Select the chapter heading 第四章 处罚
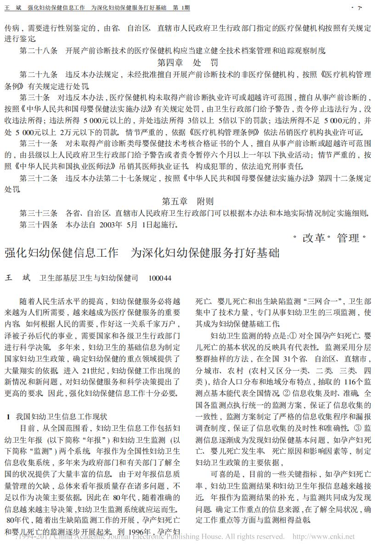click(188, 62)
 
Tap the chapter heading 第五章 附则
click(188, 201)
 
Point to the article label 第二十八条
click(39, 50)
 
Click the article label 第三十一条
click(39, 143)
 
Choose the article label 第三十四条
click(39, 225)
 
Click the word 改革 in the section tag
click(314, 238)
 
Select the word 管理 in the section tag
click(348, 238)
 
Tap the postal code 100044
click(160, 278)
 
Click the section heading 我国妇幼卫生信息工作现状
click(61, 417)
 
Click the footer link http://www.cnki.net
click(323, 536)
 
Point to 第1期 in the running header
click(181, 8)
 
